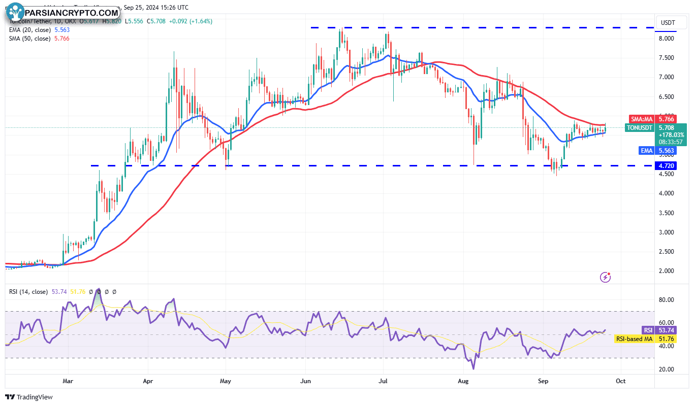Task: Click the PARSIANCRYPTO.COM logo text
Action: point(71,12)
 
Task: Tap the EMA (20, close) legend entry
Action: point(39,30)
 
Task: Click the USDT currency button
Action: point(668,23)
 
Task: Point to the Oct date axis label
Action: point(620,381)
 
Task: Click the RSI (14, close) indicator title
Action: point(28,292)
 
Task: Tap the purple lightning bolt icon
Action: point(605,277)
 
